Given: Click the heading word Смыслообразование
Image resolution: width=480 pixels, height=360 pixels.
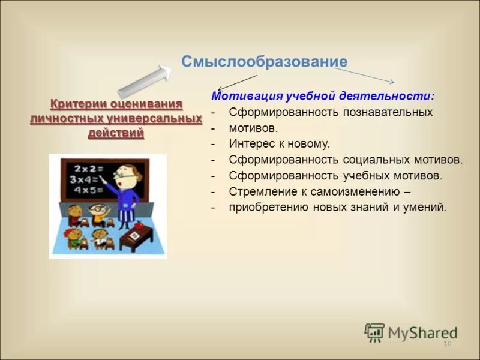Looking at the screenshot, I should click(x=264, y=62).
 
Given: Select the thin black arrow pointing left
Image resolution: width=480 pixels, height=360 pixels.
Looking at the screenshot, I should click(x=237, y=82).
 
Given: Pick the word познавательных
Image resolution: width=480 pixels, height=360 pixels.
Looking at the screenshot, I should click(x=388, y=112).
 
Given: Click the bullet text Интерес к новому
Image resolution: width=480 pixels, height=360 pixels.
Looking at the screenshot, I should click(x=279, y=143).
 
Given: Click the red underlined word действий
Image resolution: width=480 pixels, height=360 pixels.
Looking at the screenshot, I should click(x=116, y=133).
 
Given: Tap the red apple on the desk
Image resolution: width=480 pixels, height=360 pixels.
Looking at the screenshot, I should click(x=139, y=224).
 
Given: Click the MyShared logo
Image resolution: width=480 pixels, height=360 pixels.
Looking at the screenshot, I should click(x=410, y=332).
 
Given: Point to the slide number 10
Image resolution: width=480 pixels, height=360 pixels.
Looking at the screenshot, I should click(x=446, y=344).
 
